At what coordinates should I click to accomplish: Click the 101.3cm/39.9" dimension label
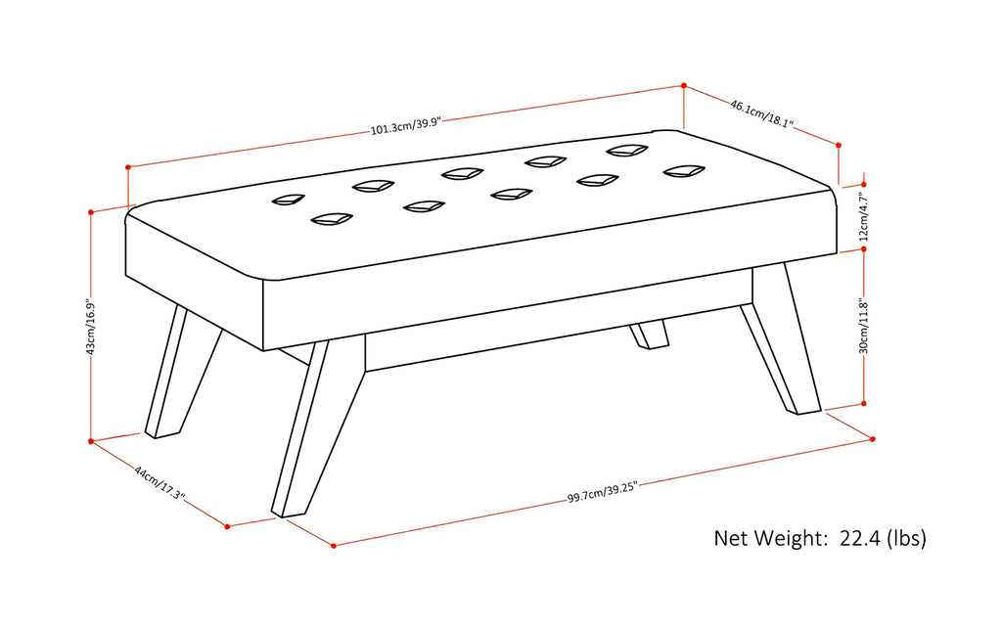coord(406,125)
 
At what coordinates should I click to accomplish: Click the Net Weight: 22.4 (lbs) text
coord(819,538)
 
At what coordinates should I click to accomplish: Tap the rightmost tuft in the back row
coord(626,150)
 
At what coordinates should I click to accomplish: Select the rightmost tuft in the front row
coord(683,171)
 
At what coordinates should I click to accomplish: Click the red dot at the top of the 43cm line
coord(91,212)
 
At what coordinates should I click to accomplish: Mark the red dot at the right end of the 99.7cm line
coord(872,439)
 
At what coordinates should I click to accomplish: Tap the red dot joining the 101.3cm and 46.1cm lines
coord(683,85)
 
